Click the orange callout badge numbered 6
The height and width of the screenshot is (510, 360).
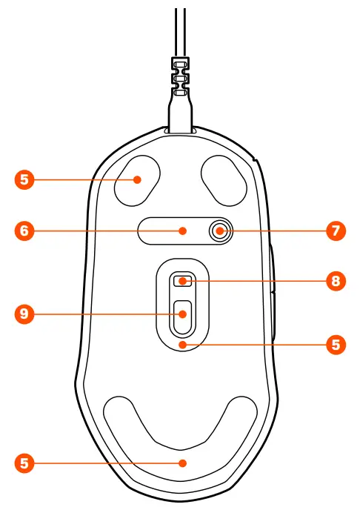click(24, 231)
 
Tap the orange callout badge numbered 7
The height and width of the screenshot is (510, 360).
click(336, 231)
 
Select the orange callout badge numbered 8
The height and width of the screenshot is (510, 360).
click(336, 281)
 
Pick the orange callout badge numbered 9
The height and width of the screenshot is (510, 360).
click(24, 314)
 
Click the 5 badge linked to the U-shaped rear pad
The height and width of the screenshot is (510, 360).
click(24, 463)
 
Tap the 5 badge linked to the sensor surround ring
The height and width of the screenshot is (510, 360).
click(336, 345)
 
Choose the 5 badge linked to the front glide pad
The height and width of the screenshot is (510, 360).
click(24, 179)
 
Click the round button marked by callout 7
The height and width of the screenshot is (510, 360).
click(219, 231)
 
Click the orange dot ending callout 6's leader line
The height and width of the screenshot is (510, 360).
click(183, 231)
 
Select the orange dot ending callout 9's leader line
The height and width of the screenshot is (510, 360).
click(181, 314)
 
